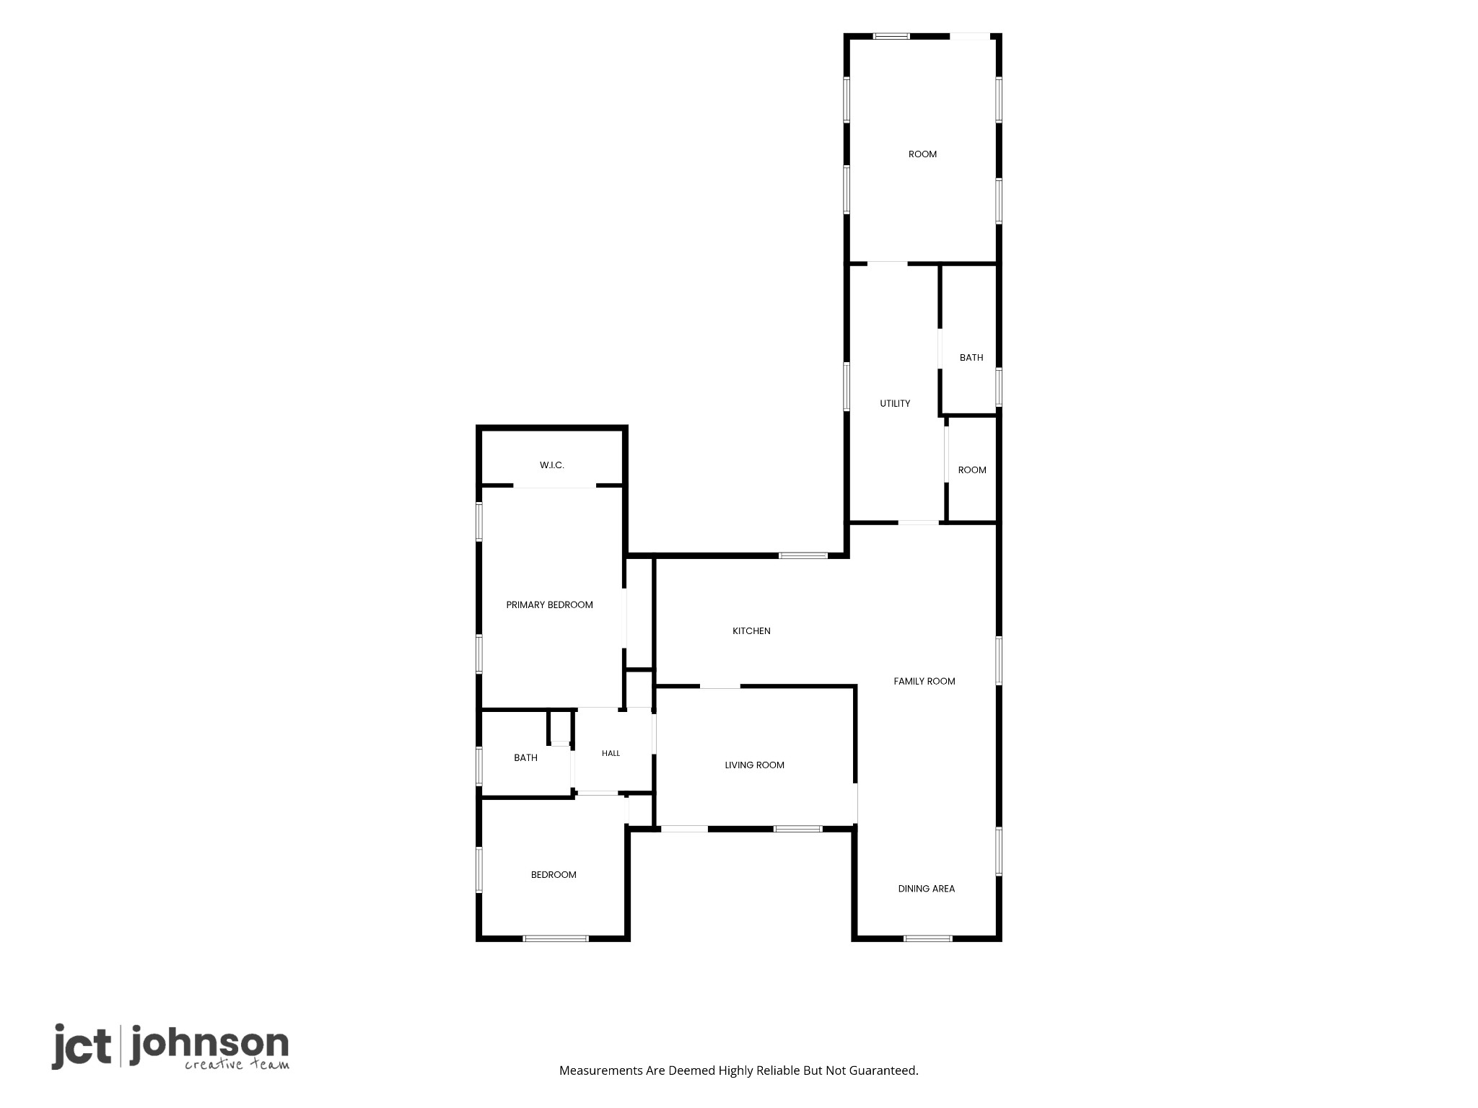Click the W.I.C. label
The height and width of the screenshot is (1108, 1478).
pyautogui.click(x=552, y=465)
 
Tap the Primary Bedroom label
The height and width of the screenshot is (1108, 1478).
pyautogui.click(x=550, y=605)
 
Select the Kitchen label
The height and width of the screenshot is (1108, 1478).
pyautogui.click(x=752, y=631)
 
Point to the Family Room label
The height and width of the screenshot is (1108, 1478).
pyautogui.click(x=924, y=681)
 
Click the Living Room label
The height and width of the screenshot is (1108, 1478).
pyautogui.click(x=755, y=765)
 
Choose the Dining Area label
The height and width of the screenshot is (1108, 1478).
pyautogui.click(x=927, y=889)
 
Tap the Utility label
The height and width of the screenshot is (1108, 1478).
pyautogui.click(x=896, y=404)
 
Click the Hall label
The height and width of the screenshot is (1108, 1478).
pyautogui.click(x=611, y=754)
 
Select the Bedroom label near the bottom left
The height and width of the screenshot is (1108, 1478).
pyautogui.click(x=554, y=875)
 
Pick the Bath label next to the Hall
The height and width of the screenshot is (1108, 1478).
pyautogui.click(x=526, y=758)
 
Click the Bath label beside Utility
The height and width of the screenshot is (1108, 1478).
pyautogui.click(x=971, y=358)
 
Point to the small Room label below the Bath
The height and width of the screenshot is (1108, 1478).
pyautogui.click(x=972, y=470)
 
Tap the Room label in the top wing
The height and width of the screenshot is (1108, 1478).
pyautogui.click(x=923, y=154)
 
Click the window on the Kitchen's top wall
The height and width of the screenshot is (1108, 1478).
pyautogui.click(x=803, y=555)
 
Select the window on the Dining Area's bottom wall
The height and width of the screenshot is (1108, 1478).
pyautogui.click(x=928, y=938)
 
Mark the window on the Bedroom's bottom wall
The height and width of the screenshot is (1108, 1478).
pyautogui.click(x=556, y=938)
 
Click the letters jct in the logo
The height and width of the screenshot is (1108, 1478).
pyautogui.click(x=82, y=1047)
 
